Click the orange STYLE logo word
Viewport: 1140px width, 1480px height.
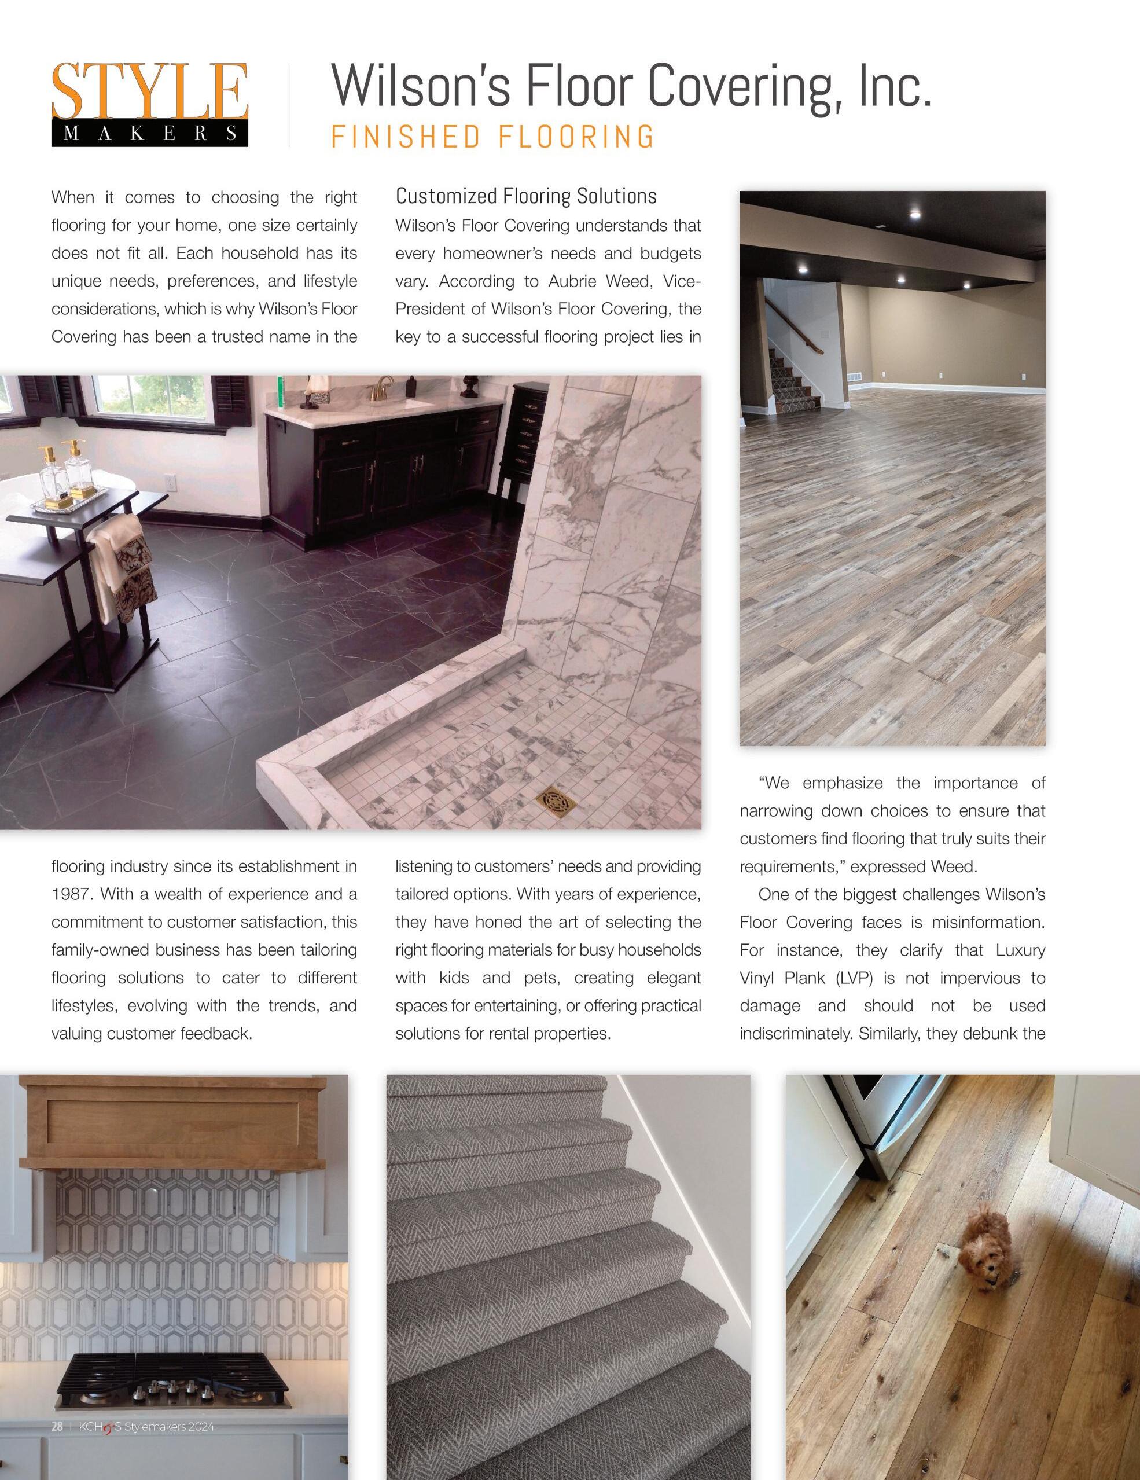(x=149, y=91)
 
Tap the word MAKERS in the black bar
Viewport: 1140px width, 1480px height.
(x=150, y=134)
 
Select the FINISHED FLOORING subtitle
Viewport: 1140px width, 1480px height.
(x=492, y=136)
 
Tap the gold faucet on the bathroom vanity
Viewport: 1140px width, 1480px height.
(x=383, y=389)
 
